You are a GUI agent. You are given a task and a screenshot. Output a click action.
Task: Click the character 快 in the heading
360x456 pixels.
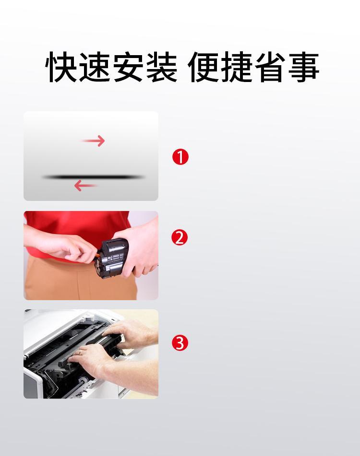(x=61, y=67)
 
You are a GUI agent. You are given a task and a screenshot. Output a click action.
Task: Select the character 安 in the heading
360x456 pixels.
(x=128, y=67)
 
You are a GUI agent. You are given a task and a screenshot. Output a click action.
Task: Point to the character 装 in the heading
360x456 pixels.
(x=161, y=67)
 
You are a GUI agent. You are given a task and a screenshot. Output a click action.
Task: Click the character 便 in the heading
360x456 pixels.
(x=204, y=67)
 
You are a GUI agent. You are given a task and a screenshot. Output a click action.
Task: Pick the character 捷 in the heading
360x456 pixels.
(x=237, y=67)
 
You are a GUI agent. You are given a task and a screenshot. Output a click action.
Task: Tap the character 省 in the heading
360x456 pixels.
(x=270, y=67)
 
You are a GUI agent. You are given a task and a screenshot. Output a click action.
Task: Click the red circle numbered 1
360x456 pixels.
(x=180, y=157)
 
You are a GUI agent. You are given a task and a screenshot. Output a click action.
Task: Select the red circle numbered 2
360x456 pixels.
(x=180, y=237)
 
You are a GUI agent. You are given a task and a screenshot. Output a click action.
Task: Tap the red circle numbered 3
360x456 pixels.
(x=180, y=342)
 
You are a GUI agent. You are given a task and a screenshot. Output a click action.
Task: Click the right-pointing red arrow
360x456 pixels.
(x=93, y=141)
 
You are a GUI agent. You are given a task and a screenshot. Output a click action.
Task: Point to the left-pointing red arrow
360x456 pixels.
(x=85, y=186)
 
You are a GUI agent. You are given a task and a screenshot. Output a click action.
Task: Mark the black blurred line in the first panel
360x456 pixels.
(x=94, y=177)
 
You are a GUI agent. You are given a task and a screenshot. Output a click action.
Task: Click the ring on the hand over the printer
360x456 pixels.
(x=80, y=352)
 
